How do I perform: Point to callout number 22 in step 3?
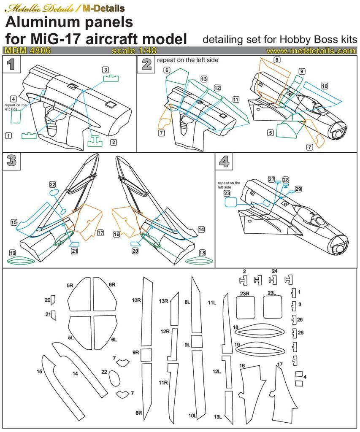(52, 184)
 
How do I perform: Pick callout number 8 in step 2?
(276, 60)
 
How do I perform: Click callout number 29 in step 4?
(298, 189)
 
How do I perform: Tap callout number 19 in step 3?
(12, 253)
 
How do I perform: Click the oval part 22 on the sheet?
(114, 378)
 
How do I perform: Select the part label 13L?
(218, 417)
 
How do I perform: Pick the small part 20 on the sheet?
(54, 300)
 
